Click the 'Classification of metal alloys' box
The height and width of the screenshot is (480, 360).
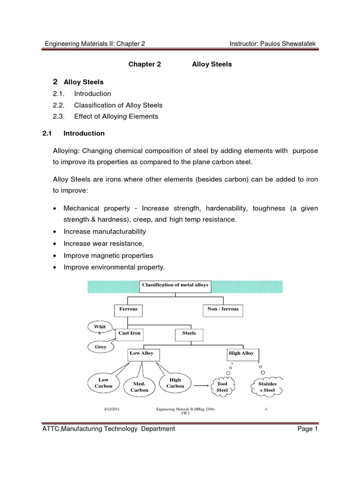coord(175,285)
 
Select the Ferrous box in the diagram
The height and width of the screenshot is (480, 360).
coord(128,309)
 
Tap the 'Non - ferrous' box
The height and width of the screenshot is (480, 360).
coord(223,309)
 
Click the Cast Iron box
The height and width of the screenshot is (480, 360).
coord(129,333)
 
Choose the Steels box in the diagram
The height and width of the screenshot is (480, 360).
coord(189,333)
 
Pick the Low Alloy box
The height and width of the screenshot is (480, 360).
coord(142,354)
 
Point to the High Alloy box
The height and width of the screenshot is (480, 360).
coord(241,354)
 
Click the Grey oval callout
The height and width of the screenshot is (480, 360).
coord(101,347)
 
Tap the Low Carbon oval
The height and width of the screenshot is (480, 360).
coord(104,383)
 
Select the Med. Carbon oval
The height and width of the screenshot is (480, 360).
coord(139,387)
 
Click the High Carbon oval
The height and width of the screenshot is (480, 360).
coord(175,383)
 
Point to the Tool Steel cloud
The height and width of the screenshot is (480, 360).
coord(222,387)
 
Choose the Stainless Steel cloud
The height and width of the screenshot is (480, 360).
coord(268,387)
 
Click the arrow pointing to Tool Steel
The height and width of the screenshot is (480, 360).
coord(201,386)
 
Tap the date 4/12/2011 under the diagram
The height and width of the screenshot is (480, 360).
coord(112,409)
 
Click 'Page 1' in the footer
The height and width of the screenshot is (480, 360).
coord(308,428)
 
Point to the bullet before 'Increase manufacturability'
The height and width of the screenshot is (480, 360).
coord(56,232)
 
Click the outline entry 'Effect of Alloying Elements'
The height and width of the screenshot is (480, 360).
coord(116,116)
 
